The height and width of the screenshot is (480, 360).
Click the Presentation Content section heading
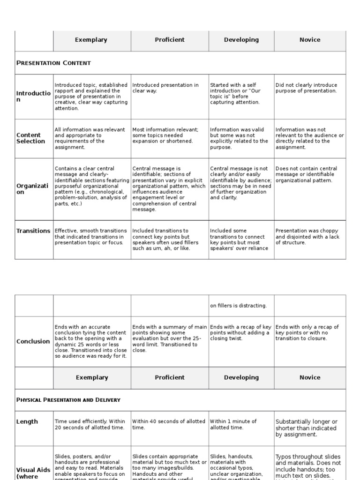pos(54,63)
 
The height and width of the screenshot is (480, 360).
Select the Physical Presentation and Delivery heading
pos(68,400)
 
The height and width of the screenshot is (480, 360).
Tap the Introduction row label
pos(33,97)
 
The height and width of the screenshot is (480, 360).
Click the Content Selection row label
pos(31,138)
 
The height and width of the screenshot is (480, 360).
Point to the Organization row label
pos(32,189)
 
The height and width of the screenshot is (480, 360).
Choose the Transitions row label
pos(33,231)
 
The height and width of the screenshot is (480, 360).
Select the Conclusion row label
pos(34,341)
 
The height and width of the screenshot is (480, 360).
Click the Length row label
pos(27,421)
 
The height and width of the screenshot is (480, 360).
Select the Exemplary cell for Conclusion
pos(91,341)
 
